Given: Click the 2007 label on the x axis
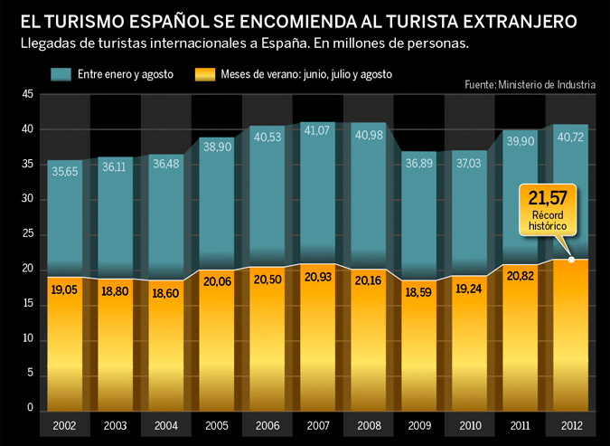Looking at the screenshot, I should pos(317,425).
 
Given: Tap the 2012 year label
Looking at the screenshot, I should pos(570,425).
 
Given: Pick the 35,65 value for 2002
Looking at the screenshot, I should pos(64,170).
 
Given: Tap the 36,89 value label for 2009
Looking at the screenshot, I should pos(418,162).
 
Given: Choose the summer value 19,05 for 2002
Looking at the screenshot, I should pos(64,291).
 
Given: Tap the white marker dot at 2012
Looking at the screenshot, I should pos(570,261).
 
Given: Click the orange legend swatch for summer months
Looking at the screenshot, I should pos(203,72).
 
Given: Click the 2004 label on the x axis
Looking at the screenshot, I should pos(165,425).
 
